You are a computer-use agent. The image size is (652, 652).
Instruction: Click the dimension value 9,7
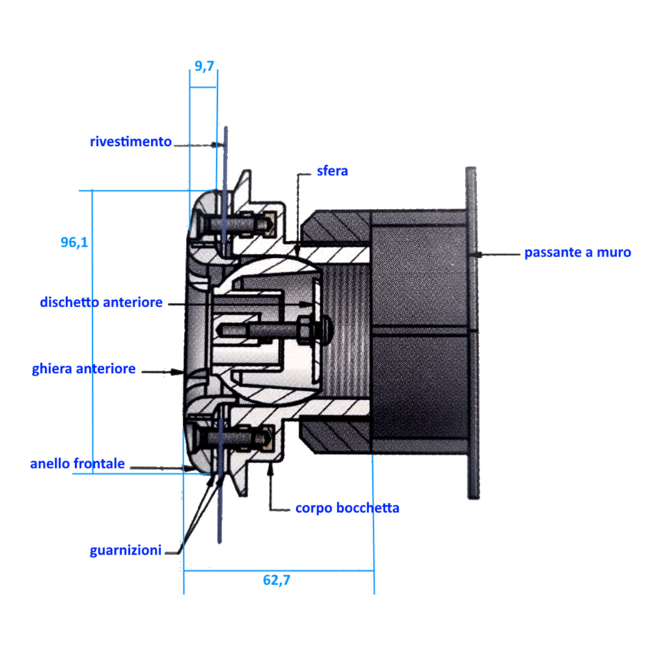[204, 66]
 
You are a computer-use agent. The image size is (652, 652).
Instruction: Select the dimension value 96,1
[74, 242]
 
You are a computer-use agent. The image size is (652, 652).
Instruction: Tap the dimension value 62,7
[277, 580]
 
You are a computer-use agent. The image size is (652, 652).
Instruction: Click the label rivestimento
[130, 142]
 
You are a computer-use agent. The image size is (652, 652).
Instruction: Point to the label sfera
[332, 171]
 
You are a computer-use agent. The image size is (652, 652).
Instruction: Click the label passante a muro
[578, 253]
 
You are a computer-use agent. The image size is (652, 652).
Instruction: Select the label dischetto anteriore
[101, 303]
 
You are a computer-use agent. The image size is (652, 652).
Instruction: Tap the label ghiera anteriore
[84, 369]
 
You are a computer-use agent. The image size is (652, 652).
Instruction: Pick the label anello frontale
[78, 464]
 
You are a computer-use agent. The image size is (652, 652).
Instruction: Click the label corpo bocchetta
[347, 509]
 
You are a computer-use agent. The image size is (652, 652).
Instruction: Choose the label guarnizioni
[126, 550]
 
